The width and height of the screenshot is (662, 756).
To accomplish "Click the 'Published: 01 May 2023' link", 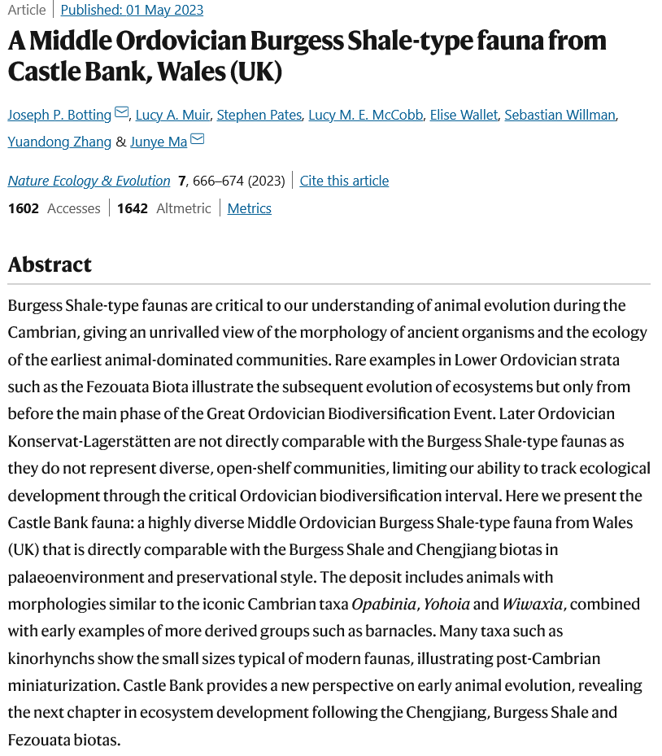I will [132, 10].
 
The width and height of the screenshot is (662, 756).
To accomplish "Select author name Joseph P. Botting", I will [60, 115].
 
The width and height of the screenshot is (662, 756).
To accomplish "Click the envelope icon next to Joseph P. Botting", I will [122, 113].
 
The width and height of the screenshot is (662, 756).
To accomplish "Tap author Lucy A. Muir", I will [172, 115].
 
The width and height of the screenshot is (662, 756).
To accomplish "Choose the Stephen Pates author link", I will [259, 115].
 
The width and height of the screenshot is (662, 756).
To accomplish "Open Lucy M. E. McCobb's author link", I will [366, 115].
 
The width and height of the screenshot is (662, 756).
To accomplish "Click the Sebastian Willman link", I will [560, 115].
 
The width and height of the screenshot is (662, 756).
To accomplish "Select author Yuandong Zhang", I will [59, 142].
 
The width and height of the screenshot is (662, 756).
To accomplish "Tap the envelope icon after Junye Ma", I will [198, 140].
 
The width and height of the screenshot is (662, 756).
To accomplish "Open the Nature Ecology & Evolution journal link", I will [89, 181].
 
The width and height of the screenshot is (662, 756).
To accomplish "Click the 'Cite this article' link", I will [344, 181].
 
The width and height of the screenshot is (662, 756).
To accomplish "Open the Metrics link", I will [249, 208].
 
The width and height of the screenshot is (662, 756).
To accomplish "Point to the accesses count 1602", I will [24, 208].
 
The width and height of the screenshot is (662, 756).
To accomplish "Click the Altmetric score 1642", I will [133, 208].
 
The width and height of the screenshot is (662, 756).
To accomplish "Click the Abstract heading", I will [50, 264].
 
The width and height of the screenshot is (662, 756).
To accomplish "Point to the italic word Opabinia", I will [384, 604].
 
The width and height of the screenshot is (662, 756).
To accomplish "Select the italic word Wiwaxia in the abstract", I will [530, 604].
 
